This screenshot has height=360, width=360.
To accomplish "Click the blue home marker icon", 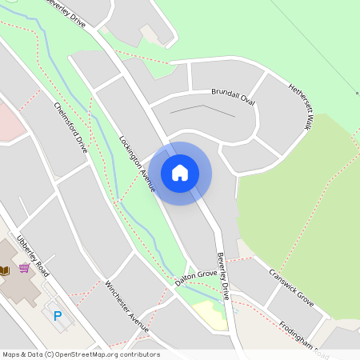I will pyautogui.click(x=180, y=173).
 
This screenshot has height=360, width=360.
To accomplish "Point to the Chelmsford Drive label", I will pyautogui.click(x=70, y=127).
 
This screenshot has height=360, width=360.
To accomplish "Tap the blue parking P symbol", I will pyautogui.click(x=57, y=316).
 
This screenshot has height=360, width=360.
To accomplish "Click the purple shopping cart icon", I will pyautogui.click(x=25, y=267).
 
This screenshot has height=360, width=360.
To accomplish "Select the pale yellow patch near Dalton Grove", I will pyautogui.click(x=210, y=314).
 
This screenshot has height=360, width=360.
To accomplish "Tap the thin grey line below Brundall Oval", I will pyautogui.click(x=192, y=108).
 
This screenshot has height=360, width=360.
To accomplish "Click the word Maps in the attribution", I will pyautogui.click(x=11, y=354).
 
